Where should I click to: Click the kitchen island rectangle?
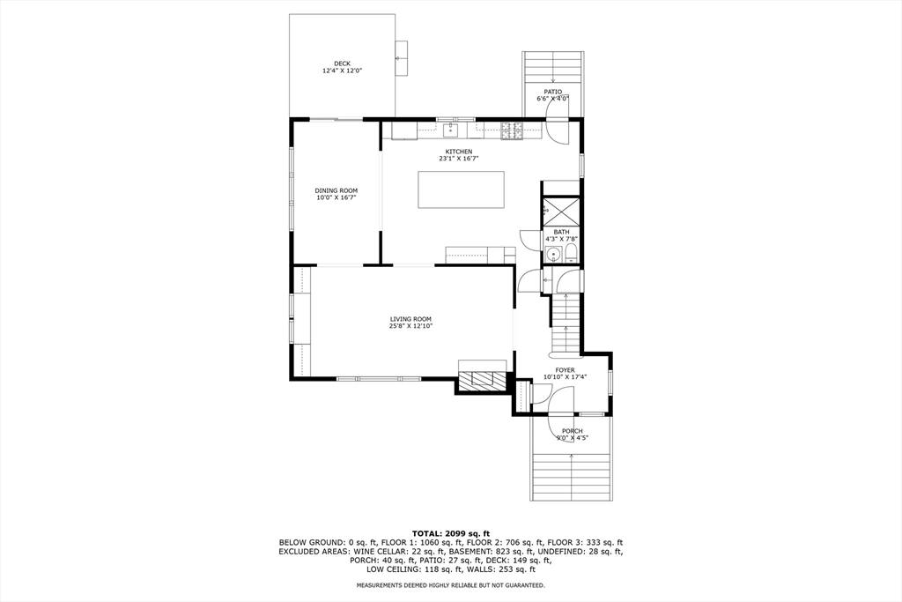tap(461, 189)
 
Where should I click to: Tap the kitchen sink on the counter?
tap(451, 131)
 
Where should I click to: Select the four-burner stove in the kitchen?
tap(511, 131)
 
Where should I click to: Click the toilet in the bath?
tap(570, 256)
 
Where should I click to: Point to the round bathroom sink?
tap(552, 256)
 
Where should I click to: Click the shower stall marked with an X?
tap(561, 212)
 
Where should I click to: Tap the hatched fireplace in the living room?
tap(483, 380)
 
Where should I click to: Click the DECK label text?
tap(342, 63)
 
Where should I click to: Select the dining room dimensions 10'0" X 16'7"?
tap(336, 198)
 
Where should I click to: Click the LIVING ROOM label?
tap(410, 318)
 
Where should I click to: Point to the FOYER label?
tap(565, 370)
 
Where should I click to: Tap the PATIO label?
tap(552, 92)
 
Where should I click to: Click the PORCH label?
tap(572, 431)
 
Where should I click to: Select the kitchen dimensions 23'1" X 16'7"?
tap(458, 159)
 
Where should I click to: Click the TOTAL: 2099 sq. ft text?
tap(450, 533)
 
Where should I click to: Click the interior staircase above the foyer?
tap(566, 323)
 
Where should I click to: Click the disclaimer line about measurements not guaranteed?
tap(450, 585)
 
